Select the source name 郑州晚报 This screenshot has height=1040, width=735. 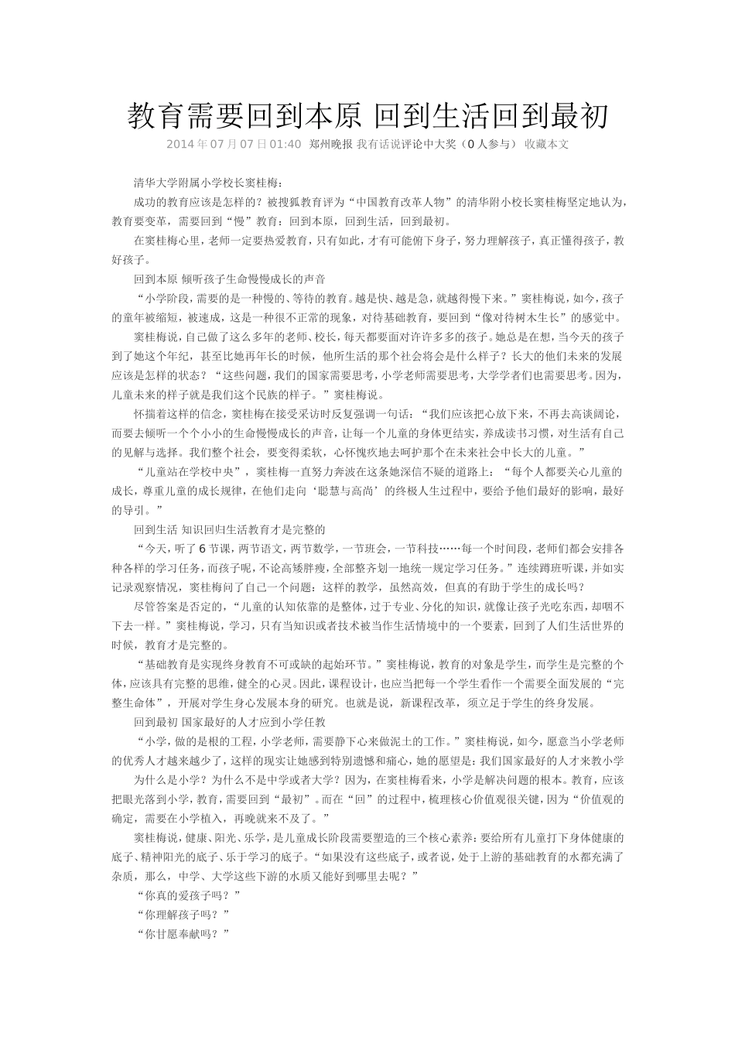pos(330,144)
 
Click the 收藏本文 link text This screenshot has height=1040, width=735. pos(547,144)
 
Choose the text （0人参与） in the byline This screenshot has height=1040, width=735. pos(487,144)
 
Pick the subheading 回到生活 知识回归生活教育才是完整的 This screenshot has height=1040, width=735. pos(230,529)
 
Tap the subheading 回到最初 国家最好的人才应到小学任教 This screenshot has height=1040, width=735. pos(230,722)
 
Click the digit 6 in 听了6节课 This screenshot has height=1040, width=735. pos(202,549)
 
